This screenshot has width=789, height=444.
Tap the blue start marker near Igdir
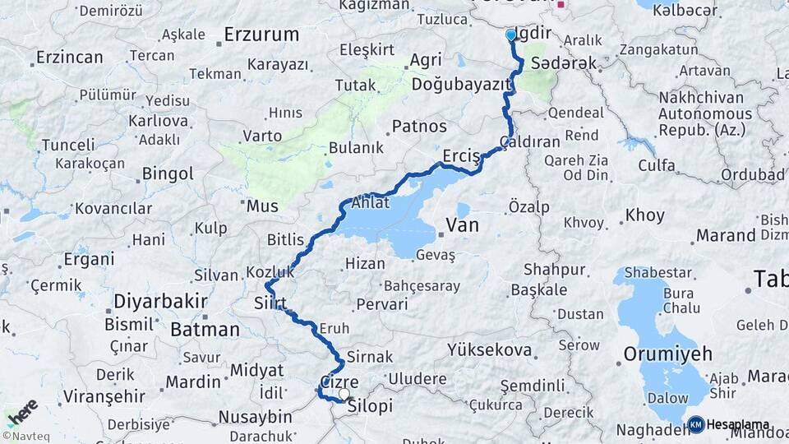[x=511, y=35]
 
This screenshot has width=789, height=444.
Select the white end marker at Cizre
[x=344, y=394]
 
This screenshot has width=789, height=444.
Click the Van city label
[x=462, y=224]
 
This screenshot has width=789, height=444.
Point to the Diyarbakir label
[x=160, y=300]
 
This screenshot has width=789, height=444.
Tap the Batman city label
[x=205, y=330]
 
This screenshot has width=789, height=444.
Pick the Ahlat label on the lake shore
[x=371, y=203]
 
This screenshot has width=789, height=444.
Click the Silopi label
[x=370, y=407]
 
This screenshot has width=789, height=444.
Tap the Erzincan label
[x=69, y=58]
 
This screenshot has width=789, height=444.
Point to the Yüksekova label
[x=489, y=350]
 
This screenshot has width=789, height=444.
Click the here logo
[x=22, y=410]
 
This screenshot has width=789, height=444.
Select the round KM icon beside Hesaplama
[x=696, y=424]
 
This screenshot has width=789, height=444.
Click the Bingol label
[x=168, y=174]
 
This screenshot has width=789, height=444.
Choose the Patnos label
[x=419, y=127]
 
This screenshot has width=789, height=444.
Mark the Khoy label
[x=644, y=216]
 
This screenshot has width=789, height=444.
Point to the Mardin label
[x=193, y=382]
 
